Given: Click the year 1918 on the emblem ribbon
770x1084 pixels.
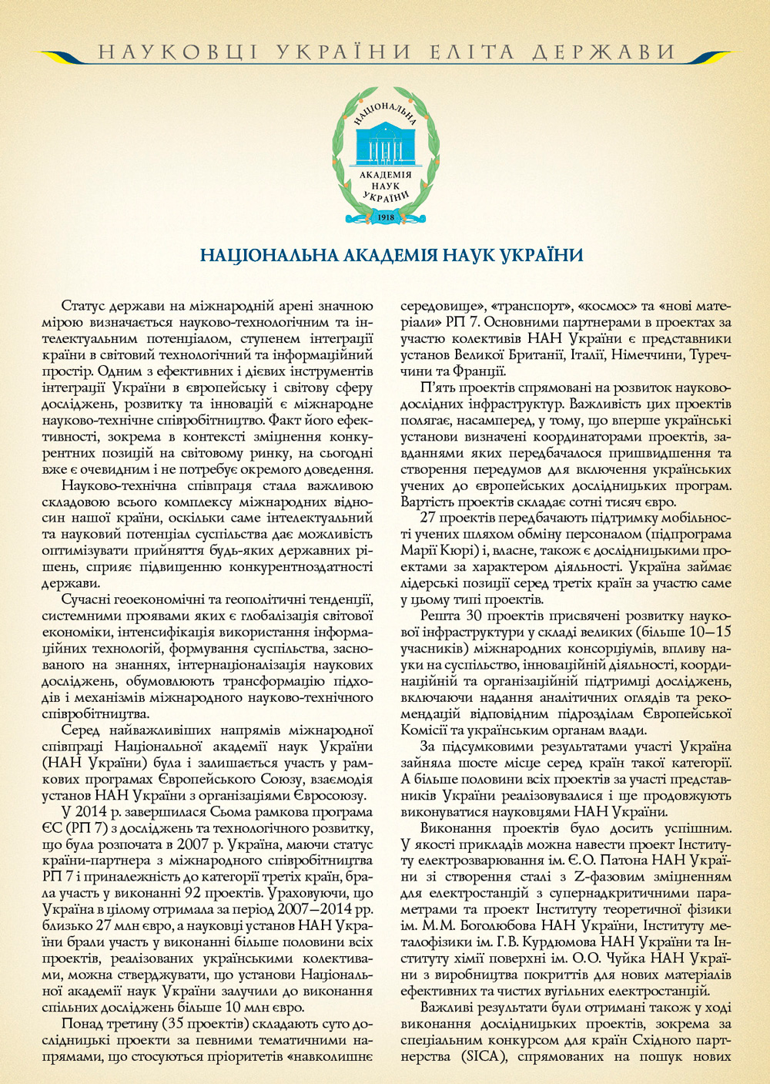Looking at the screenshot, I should coord(387,217).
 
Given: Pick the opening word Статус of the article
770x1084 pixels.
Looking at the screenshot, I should coord(84,305).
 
